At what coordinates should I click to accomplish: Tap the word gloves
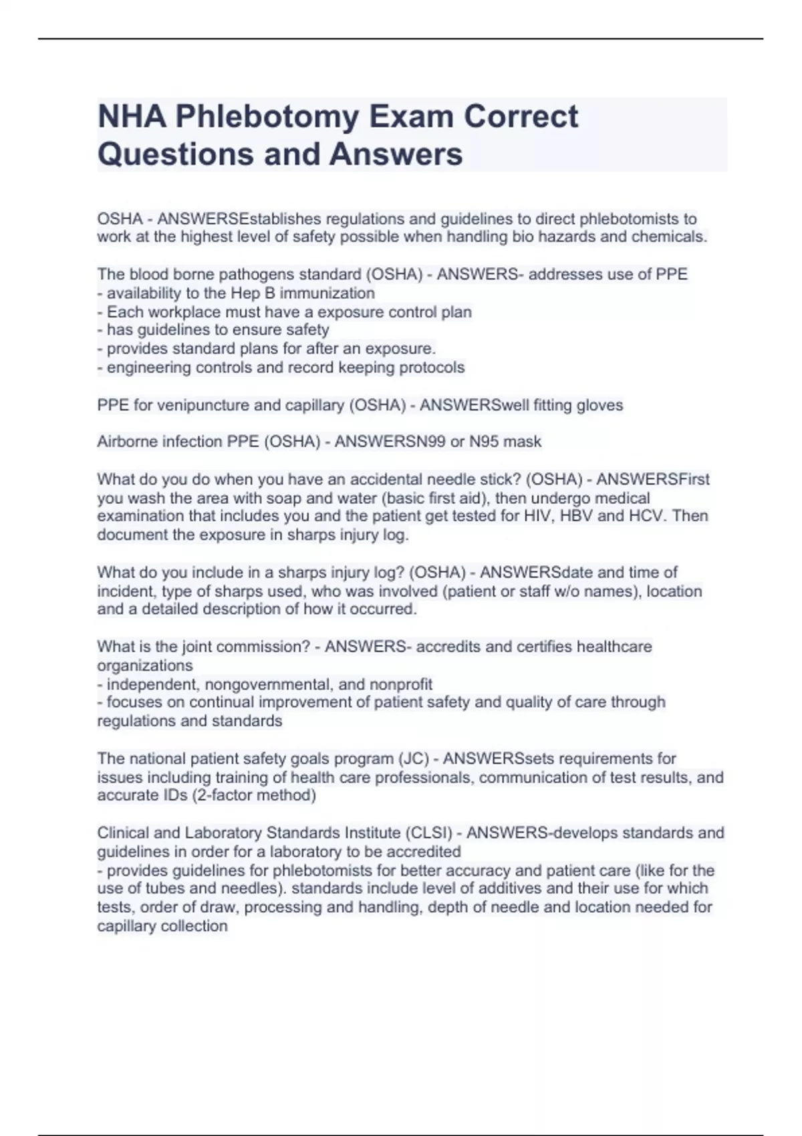[x=599, y=405]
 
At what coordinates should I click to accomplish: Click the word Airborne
[x=126, y=442]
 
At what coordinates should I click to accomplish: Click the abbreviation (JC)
[x=413, y=758]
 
